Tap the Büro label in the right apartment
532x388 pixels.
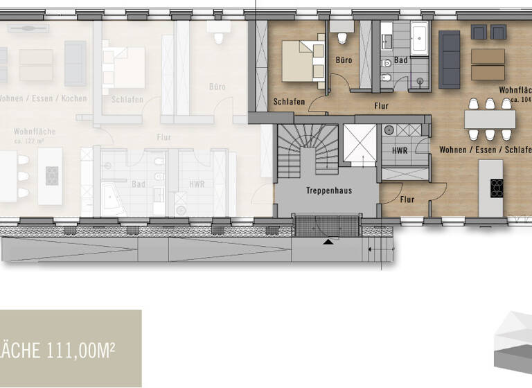click(344, 60)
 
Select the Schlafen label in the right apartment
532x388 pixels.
click(289, 102)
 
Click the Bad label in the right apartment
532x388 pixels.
click(401, 60)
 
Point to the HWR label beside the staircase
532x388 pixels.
click(400, 150)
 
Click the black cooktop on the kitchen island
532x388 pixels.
click(497, 188)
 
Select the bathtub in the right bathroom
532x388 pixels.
click(420, 38)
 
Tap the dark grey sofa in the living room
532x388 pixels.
click(450, 60)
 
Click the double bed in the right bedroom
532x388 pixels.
click(303, 60)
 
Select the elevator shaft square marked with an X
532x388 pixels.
click(360, 144)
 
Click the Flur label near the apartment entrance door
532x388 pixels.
click(407, 200)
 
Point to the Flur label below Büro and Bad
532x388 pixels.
click(380, 106)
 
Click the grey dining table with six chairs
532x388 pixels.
click(490, 119)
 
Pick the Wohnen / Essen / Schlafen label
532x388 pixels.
click(485, 150)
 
